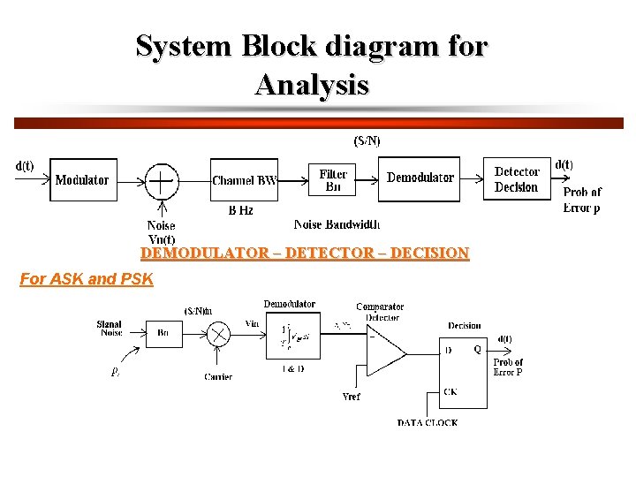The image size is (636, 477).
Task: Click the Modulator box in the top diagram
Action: [x=82, y=180]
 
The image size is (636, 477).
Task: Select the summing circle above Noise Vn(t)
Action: [x=161, y=181]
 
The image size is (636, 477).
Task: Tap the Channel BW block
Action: [x=245, y=180]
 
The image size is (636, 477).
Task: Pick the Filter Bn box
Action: [x=333, y=180]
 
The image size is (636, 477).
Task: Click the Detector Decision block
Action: [x=516, y=179]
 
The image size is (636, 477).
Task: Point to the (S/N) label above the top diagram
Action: [x=367, y=140]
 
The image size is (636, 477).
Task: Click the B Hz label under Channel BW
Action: [x=240, y=210]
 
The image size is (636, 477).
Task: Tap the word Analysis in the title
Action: [x=312, y=86]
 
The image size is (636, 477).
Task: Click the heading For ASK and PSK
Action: [x=87, y=279]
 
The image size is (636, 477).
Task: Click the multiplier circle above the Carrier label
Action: [x=218, y=335]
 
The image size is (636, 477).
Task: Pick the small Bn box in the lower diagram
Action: [x=163, y=334]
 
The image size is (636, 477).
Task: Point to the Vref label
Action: [x=351, y=397]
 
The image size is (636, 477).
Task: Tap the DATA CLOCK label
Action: [x=428, y=423]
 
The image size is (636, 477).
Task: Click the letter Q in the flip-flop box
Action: [x=477, y=349]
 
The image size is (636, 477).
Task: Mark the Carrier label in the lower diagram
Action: [x=218, y=376]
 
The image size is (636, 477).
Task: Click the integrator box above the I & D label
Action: [x=289, y=337]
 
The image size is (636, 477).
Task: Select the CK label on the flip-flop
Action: [x=450, y=391]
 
